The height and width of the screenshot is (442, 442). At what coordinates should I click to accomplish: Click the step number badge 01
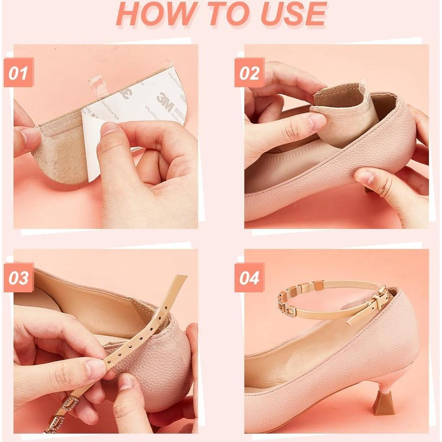tap(19, 73)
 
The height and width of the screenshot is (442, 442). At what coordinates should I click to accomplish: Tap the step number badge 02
tap(249, 73)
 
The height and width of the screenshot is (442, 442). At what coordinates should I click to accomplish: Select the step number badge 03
tap(19, 278)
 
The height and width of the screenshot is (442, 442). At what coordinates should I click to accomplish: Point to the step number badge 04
tap(249, 278)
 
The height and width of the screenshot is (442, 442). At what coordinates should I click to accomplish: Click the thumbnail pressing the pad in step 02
tap(317, 121)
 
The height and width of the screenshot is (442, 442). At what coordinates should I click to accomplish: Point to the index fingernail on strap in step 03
tap(96, 368)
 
